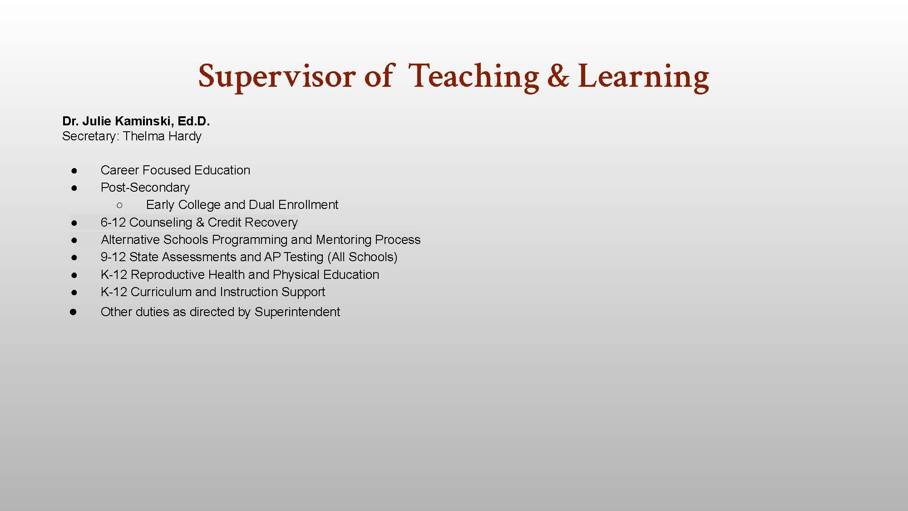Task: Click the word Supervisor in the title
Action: coord(277,76)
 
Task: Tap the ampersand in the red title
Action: coord(558,76)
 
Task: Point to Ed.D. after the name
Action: coord(194,121)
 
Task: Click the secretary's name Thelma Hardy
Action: coord(162,136)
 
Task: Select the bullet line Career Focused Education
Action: coord(175,170)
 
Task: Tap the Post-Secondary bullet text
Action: coord(145,188)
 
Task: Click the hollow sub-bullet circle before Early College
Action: coord(119,205)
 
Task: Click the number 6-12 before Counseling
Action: coord(113,223)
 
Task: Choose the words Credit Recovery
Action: coord(252,223)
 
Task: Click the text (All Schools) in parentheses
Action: coord(362,257)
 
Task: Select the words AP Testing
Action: coord(293,257)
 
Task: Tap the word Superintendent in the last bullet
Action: coord(297,312)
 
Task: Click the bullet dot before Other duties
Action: coord(74,312)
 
